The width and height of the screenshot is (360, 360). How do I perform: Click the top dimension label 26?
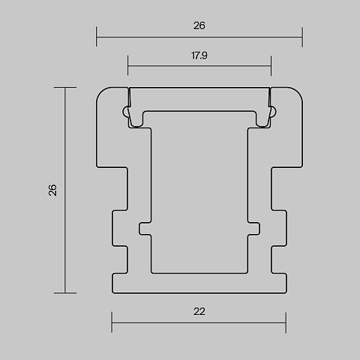tap(199, 25)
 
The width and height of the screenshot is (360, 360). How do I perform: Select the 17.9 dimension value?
tap(199, 55)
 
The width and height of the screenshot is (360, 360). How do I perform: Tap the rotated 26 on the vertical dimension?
tap(52, 190)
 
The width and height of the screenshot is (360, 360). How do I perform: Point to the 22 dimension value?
tap(199, 311)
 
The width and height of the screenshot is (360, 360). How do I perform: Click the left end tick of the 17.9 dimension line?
tap(127, 65)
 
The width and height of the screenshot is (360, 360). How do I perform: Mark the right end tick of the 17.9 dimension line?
tap(271, 66)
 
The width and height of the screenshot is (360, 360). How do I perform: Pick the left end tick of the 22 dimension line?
tap(112, 322)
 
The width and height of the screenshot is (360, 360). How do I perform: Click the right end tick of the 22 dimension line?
tap(286, 322)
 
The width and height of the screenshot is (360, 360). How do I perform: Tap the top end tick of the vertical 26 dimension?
tap(65, 88)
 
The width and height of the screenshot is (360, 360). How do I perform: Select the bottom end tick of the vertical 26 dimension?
tap(65, 292)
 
